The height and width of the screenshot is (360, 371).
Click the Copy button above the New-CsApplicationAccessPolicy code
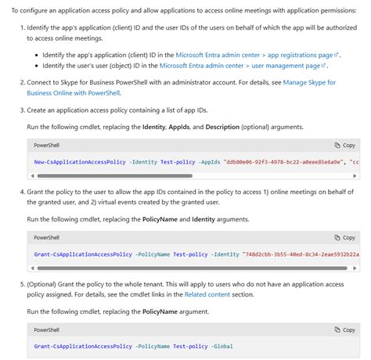coord(344,145)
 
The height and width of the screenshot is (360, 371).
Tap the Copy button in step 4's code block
coord(344,237)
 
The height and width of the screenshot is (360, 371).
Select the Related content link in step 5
coord(207,294)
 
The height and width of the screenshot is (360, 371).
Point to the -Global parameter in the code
coord(222,346)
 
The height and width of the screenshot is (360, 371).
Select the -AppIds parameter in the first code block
coord(205,162)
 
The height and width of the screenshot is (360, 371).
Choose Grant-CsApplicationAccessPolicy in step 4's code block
coord(83,254)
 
